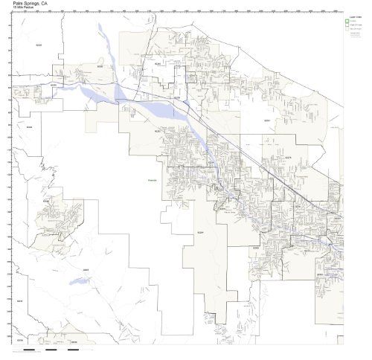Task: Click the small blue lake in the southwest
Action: [75, 281]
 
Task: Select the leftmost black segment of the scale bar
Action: [29, 349]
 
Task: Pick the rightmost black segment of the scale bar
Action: [74, 349]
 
